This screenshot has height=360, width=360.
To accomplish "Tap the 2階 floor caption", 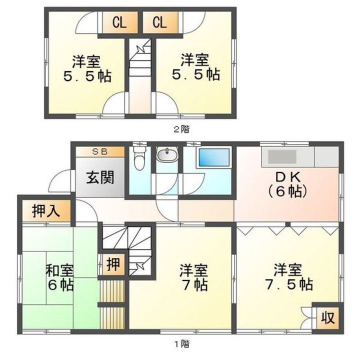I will [x=181, y=128].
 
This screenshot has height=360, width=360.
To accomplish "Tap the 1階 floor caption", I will [x=181, y=343].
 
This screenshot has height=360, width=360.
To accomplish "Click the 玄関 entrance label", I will [x=100, y=177].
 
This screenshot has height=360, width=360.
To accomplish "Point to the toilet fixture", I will [x=139, y=159].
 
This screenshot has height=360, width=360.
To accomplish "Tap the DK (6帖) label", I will [x=286, y=184].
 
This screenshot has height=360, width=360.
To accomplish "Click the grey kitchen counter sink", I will [x=282, y=157].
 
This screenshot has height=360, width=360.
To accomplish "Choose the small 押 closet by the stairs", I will [x=114, y=264].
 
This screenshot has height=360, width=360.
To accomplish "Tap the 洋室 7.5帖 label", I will [x=287, y=278].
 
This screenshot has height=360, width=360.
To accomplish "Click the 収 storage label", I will [x=327, y=317].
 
